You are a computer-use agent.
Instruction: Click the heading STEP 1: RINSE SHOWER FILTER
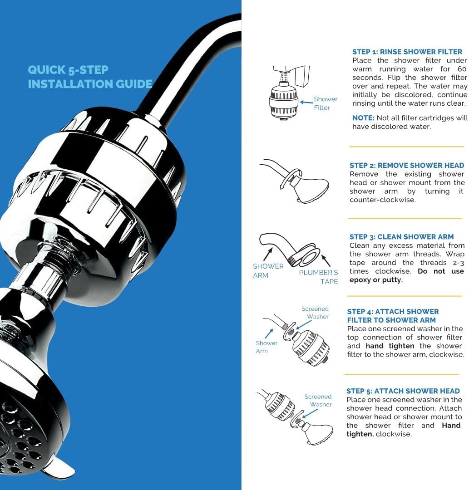click(407, 52)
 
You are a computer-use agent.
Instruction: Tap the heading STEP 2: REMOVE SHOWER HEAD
click(407, 166)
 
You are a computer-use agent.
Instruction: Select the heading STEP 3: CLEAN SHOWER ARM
click(401, 237)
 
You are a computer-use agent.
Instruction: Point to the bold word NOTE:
click(363, 118)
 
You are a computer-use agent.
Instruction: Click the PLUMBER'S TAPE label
click(318, 277)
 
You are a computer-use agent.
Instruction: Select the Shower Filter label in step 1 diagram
click(325, 103)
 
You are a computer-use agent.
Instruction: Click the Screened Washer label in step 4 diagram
click(315, 313)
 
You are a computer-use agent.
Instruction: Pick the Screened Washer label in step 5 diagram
click(318, 400)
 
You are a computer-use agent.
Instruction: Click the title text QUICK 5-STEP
click(68, 70)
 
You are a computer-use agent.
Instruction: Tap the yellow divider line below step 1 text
click(406, 147)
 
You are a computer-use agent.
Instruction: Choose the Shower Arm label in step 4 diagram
click(267, 347)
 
